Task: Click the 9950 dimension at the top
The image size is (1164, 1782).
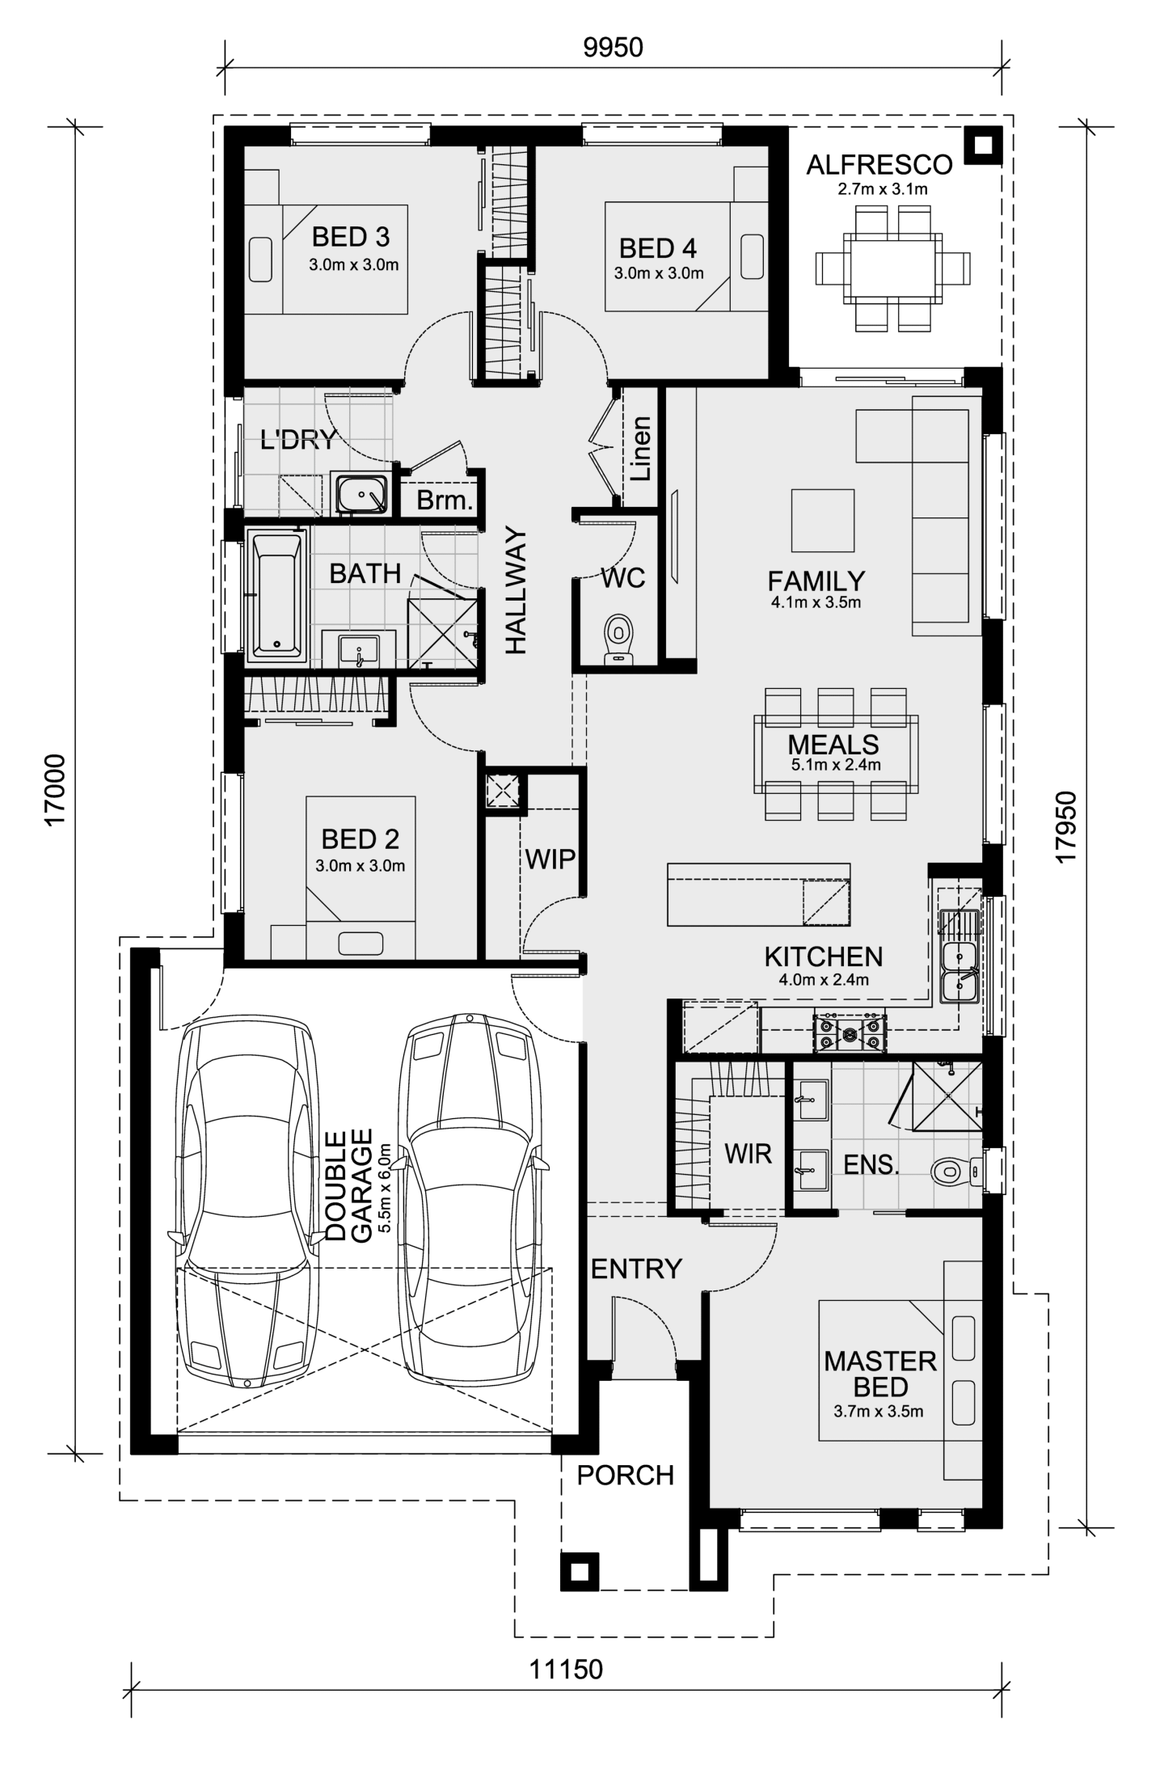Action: (x=613, y=48)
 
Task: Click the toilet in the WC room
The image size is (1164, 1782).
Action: (x=620, y=640)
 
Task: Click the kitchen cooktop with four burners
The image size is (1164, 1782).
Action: (x=850, y=1032)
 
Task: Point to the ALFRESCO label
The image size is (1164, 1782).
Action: (x=879, y=165)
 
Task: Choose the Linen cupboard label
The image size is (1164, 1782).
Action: (x=641, y=449)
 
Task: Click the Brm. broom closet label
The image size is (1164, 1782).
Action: (x=444, y=500)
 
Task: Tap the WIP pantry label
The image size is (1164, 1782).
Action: (x=550, y=859)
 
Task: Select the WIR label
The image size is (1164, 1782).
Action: (x=748, y=1154)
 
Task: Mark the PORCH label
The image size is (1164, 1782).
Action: (x=625, y=1475)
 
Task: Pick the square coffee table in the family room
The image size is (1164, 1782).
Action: (x=823, y=520)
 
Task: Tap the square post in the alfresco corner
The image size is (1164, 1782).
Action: (x=983, y=146)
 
